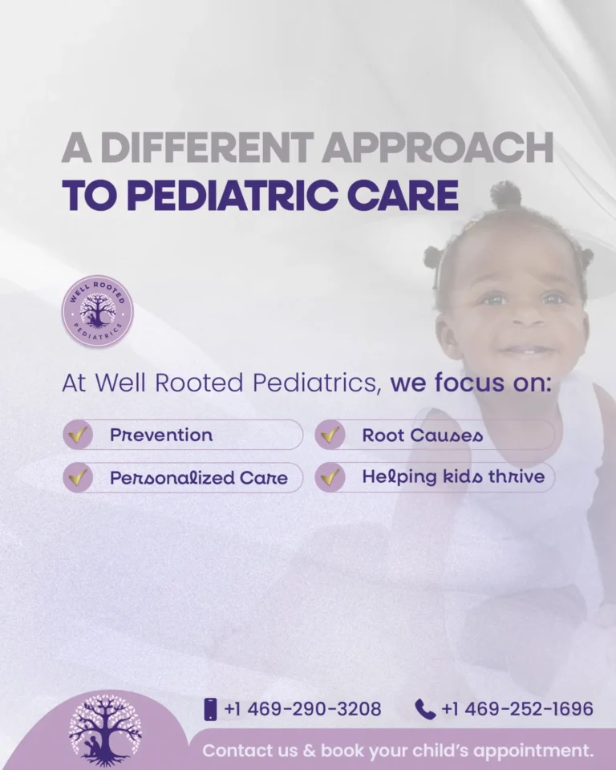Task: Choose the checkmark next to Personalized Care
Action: point(78,477)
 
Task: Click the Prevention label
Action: point(161,436)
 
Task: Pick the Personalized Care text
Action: point(198,477)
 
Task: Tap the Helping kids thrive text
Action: point(452,477)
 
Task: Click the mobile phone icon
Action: point(211,709)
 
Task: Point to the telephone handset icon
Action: point(425,709)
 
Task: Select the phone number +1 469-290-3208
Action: point(303,709)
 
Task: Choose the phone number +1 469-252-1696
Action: point(517,709)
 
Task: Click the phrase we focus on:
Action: point(471,383)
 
